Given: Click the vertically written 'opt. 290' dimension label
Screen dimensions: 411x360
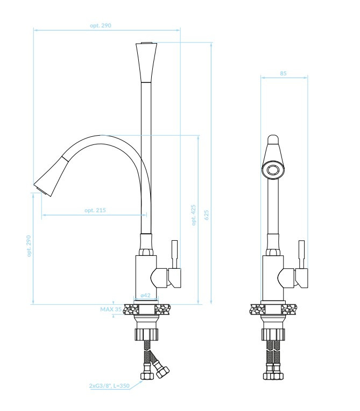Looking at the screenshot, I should [x=29, y=246].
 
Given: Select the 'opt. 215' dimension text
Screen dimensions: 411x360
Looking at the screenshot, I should [x=95, y=210].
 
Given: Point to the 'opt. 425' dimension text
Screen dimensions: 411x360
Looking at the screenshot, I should [x=194, y=214].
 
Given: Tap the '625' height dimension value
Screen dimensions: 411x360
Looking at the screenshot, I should [x=206, y=214].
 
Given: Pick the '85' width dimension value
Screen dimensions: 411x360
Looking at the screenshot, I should [x=284, y=73].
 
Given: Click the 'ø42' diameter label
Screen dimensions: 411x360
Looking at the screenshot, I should [x=145, y=296].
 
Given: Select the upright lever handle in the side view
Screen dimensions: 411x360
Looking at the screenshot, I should [x=174, y=254].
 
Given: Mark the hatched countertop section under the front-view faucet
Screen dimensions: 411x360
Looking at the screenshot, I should [x=273, y=310].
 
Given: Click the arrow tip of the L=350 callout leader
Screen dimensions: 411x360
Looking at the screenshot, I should [x=143, y=381].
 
